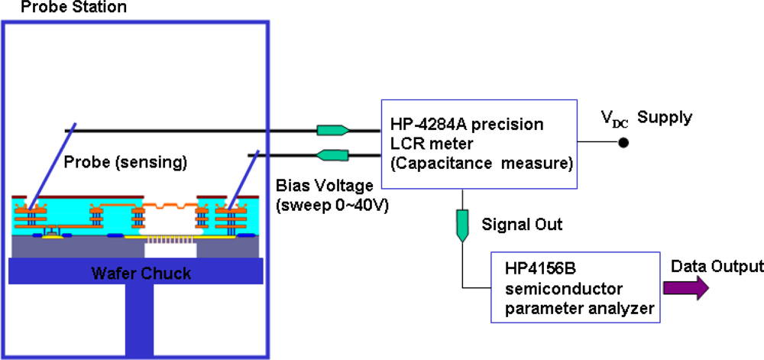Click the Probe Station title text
(x=63, y=8)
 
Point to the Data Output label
(x=717, y=266)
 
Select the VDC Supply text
(x=646, y=118)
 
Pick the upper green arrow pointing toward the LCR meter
(x=333, y=131)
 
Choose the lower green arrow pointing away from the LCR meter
(x=333, y=156)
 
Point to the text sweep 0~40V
(x=330, y=205)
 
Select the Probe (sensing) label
(x=126, y=162)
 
